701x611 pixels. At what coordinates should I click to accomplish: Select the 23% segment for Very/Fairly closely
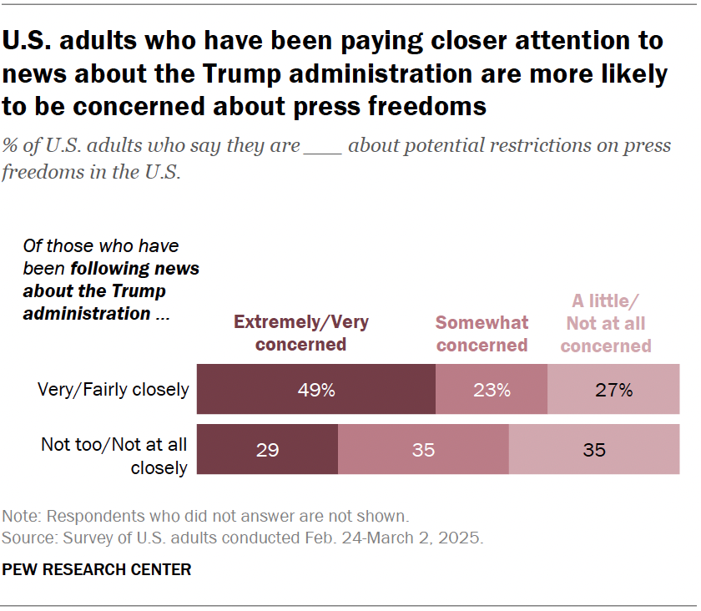(492, 389)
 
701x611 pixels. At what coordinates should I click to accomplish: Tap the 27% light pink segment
(613, 389)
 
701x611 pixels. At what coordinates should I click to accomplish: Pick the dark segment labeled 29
(267, 449)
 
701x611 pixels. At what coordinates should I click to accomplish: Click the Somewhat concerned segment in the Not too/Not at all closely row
(423, 449)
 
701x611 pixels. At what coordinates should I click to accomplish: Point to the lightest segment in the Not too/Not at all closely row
(594, 449)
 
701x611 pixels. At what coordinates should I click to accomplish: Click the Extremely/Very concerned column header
(301, 332)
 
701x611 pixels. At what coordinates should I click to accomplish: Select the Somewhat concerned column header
(482, 333)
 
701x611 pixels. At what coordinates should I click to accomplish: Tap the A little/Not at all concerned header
(606, 323)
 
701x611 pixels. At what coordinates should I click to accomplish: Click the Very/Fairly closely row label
(114, 390)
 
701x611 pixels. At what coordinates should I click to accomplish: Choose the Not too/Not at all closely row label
(114, 457)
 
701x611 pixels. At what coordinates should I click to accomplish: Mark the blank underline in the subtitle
(323, 151)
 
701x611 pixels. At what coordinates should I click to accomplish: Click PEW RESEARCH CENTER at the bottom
(98, 570)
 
